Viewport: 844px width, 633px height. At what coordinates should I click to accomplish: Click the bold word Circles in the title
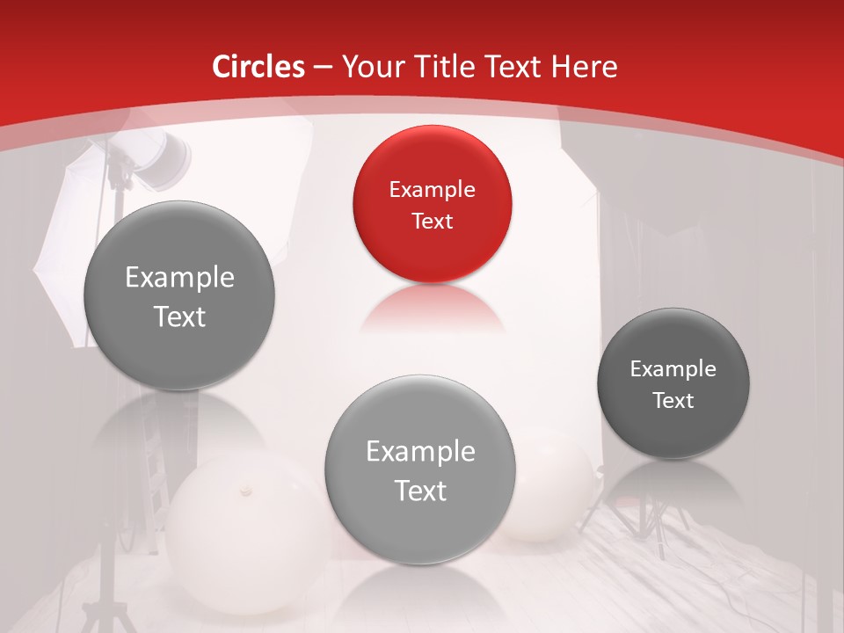[258, 67]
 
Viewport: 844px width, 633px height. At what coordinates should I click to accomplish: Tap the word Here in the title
[584, 67]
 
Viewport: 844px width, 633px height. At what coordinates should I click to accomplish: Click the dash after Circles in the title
[322, 67]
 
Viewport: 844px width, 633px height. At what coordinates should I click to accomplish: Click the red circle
[432, 204]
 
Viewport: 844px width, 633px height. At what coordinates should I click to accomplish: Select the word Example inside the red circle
[432, 189]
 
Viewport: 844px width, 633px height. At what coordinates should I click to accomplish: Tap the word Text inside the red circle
[432, 221]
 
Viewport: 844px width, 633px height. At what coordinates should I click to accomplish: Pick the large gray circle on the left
[179, 295]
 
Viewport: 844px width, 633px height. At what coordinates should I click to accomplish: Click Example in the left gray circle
[179, 278]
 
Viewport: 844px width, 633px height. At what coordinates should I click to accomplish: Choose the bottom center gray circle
[420, 469]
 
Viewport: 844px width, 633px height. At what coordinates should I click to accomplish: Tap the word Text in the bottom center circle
[420, 491]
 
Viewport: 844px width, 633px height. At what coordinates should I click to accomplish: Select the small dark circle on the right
[673, 383]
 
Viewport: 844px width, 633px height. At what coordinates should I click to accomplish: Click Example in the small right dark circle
[673, 368]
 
